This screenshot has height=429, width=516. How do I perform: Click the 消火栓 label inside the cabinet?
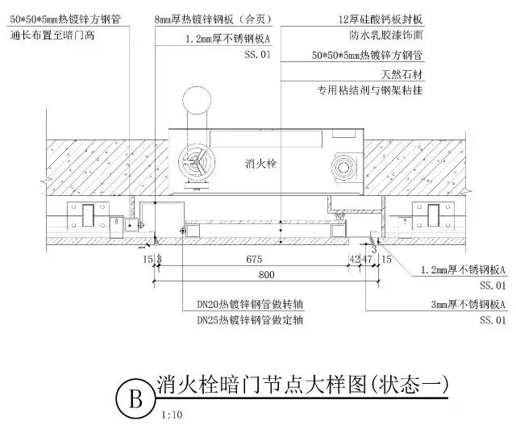coord(260,164)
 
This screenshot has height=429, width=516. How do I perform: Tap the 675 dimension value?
coord(254,260)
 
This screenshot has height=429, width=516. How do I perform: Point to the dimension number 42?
coord(354,260)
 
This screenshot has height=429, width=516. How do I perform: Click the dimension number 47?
coord(368,260)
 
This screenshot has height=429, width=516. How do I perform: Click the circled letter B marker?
coord(135,399)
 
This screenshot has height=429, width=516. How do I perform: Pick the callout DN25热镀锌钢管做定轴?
coord(249,319)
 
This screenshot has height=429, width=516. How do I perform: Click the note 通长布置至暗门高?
coord(52,36)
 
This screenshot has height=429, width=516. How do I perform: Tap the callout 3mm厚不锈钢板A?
coord(468,305)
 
